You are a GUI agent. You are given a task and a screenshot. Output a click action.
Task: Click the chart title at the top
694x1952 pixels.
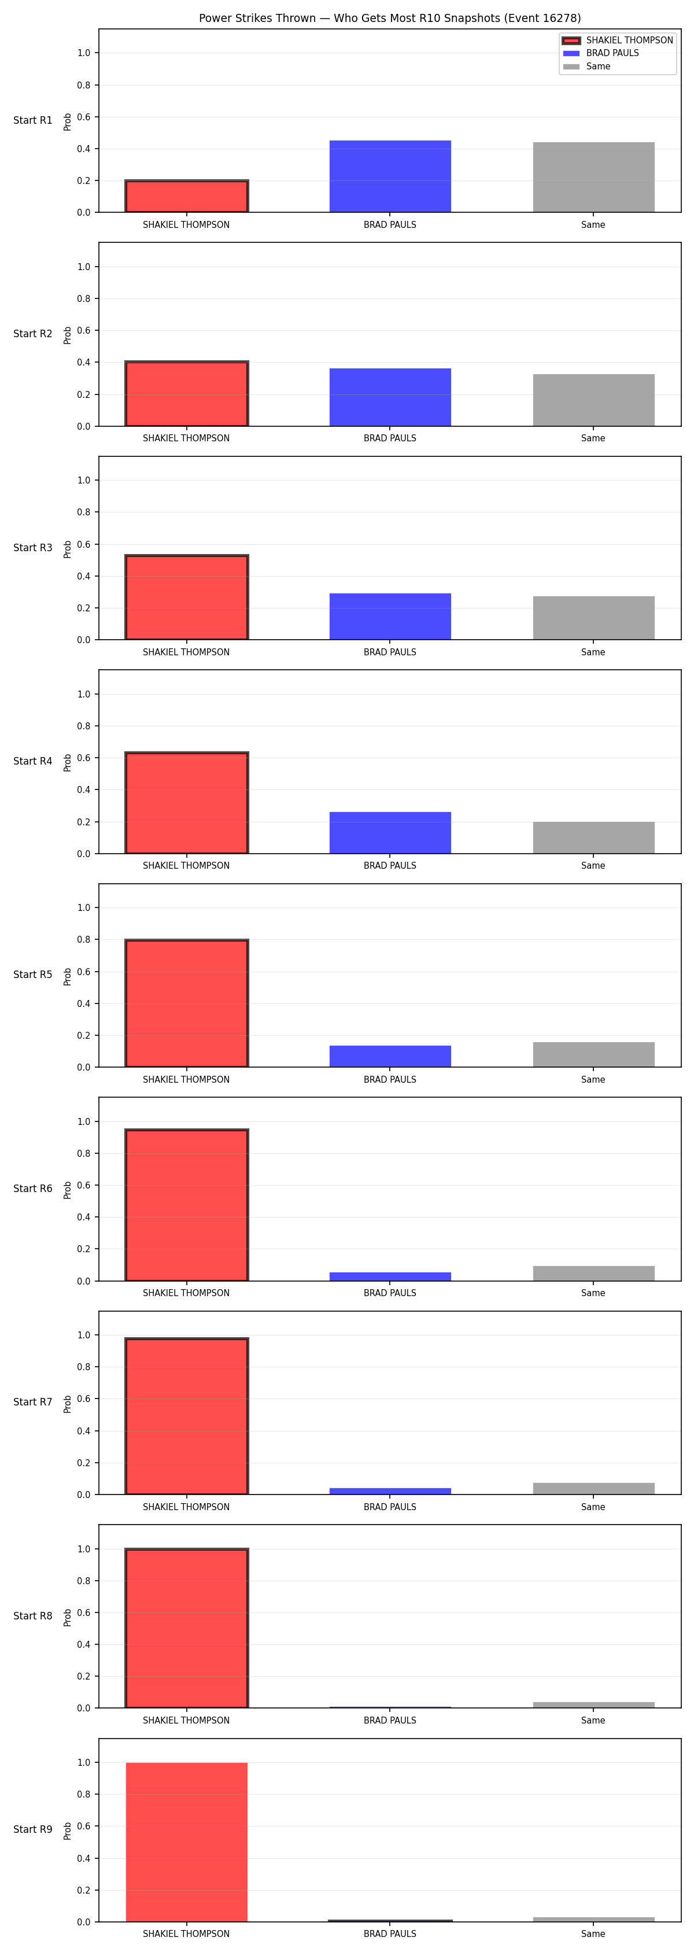pyautogui.click(x=389, y=18)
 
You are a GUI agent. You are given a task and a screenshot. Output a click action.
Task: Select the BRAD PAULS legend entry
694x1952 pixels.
pyautogui.click(x=601, y=53)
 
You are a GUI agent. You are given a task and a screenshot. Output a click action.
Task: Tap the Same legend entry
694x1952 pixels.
pyautogui.click(x=586, y=67)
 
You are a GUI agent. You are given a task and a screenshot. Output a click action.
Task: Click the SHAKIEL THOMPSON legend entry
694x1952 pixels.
pyautogui.click(x=618, y=40)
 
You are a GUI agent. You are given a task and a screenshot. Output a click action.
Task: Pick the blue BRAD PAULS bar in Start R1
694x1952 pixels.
pyautogui.click(x=390, y=176)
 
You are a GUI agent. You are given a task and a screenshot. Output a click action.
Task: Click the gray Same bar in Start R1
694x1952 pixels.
pyautogui.click(x=593, y=178)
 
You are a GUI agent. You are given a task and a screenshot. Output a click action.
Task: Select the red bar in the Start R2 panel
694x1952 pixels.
pyautogui.click(x=186, y=393)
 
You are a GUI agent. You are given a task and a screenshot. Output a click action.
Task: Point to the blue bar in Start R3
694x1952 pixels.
pyautogui.click(x=390, y=616)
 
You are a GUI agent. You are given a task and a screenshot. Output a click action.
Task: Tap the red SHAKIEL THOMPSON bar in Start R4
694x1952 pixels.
pyautogui.click(x=186, y=802)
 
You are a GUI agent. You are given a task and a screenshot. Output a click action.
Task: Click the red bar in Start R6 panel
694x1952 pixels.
pyautogui.click(x=186, y=1205)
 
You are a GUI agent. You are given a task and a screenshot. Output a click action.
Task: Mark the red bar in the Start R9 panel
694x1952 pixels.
pyautogui.click(x=186, y=1842)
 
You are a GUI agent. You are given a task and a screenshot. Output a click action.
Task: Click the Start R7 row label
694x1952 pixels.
pyautogui.click(x=32, y=1402)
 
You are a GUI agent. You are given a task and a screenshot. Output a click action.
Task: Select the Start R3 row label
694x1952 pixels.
pyautogui.click(x=32, y=548)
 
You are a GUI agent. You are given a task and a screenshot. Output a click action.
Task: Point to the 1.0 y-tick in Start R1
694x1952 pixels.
pyautogui.click(x=83, y=53)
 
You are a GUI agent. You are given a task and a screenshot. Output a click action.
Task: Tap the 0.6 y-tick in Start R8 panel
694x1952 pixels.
pyautogui.click(x=83, y=1612)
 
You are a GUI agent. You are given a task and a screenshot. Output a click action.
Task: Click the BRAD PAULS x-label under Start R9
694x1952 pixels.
pyautogui.click(x=390, y=1934)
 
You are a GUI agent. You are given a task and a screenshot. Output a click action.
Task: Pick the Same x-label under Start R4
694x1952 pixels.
pyautogui.click(x=593, y=865)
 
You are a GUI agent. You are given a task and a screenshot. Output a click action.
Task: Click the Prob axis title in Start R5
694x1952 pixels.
pyautogui.click(x=68, y=976)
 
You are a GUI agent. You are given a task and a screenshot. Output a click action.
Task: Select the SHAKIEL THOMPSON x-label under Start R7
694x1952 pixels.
pyautogui.click(x=186, y=1507)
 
